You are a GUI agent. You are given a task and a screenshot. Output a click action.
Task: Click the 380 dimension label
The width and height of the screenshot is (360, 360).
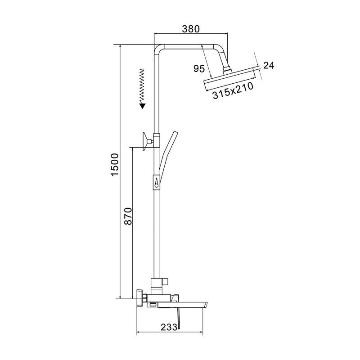tap(191, 29)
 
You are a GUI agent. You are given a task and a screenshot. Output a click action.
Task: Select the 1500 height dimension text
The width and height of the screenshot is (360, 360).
tap(115, 165)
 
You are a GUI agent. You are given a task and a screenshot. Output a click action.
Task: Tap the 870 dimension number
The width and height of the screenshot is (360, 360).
tap(128, 216)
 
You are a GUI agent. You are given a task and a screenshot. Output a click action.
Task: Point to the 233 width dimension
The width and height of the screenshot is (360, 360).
tap(169, 327)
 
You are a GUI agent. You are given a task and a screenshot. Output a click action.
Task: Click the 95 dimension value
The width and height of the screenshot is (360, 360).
tap(199, 68)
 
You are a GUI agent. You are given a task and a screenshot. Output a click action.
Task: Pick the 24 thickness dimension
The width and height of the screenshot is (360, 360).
tap(269, 65)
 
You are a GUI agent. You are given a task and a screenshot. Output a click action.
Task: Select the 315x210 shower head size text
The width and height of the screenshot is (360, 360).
tap(233, 90)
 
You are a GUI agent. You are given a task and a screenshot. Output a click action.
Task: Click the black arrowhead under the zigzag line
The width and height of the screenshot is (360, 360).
tap(143, 106)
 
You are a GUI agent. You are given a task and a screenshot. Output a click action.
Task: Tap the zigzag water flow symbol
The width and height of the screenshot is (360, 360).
tap(142, 85)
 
